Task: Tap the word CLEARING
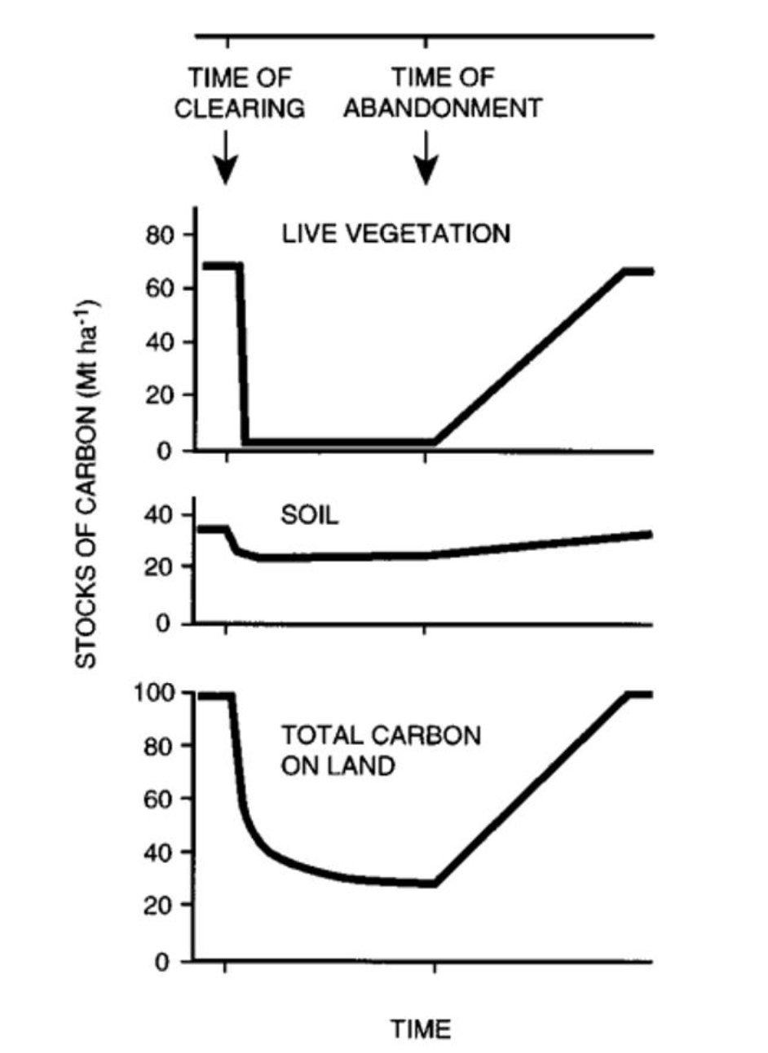pyautogui.click(x=240, y=108)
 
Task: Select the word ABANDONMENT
pyautogui.click(x=443, y=108)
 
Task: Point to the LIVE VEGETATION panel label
pyautogui.click(x=396, y=235)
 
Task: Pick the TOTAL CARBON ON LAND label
pyautogui.click(x=381, y=750)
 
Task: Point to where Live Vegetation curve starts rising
pyautogui.click(x=435, y=442)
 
